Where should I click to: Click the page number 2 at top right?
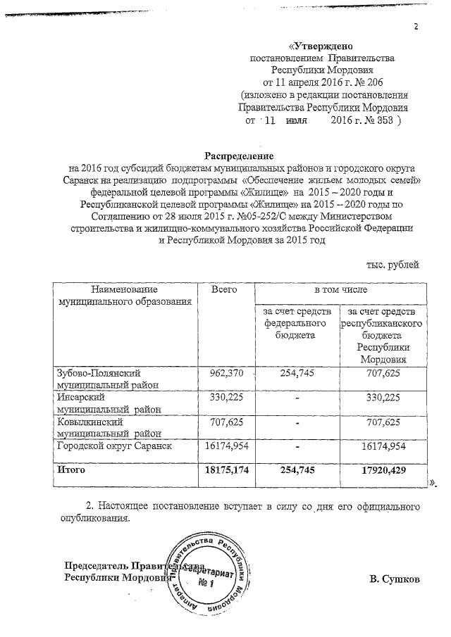click(416, 27)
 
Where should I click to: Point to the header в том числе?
click(340, 290)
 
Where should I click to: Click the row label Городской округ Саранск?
click(114, 446)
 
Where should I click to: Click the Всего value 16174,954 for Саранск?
click(226, 446)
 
